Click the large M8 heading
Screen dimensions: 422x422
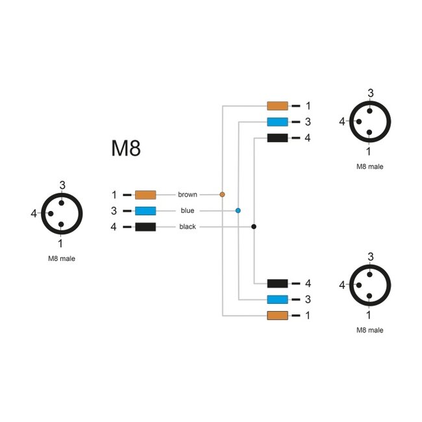coord(126,149)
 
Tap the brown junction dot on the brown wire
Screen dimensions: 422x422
coord(222,194)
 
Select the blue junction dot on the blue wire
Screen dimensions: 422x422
coord(238,210)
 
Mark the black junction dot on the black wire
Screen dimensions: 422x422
coord(254,227)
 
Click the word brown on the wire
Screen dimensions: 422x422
coord(188,194)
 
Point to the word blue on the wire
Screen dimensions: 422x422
coord(188,210)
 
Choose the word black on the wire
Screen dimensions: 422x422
coord(188,227)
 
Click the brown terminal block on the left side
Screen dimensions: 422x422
coord(145,194)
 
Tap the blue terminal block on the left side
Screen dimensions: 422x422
coord(145,210)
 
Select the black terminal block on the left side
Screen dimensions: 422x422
coord(145,227)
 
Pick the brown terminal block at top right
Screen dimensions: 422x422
coord(277,105)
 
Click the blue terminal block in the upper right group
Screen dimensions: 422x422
coord(277,121)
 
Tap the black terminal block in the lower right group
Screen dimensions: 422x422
coord(277,283)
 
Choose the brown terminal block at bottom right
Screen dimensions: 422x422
coord(277,316)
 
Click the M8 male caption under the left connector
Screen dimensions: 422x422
coord(62,259)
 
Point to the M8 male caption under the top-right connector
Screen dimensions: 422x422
coord(370,166)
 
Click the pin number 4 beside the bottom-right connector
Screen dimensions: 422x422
coord(342,284)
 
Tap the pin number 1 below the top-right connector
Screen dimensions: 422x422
coord(369,151)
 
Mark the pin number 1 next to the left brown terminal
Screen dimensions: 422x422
coord(114,194)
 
